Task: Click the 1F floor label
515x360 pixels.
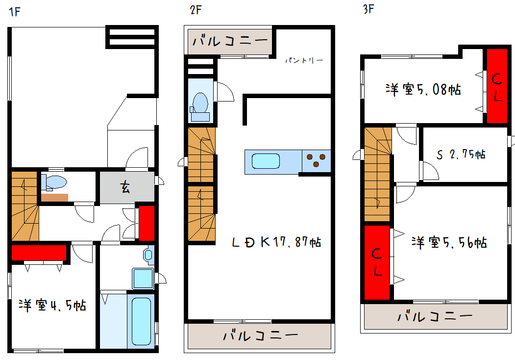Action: click(x=15, y=12)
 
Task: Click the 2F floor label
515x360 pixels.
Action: click(x=196, y=10)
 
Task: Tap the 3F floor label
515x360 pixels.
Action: click(x=368, y=9)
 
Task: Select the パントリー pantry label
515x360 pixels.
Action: click(x=304, y=60)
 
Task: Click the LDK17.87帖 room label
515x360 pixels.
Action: click(x=276, y=242)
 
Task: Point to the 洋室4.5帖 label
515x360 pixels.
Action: click(x=52, y=306)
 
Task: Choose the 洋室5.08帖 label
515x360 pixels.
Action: click(x=423, y=89)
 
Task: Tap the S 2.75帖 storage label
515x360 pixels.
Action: click(x=461, y=154)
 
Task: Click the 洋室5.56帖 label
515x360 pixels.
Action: click(x=449, y=243)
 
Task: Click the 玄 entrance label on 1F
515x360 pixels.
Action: click(x=125, y=187)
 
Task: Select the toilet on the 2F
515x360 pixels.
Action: click(x=200, y=107)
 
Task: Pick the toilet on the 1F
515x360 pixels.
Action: click(x=54, y=182)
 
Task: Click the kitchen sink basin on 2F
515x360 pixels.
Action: click(x=266, y=161)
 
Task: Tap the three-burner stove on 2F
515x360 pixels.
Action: click(x=316, y=161)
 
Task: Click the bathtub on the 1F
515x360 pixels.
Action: click(x=141, y=321)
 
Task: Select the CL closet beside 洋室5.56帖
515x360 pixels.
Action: click(x=377, y=262)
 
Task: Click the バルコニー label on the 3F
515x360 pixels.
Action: click(x=435, y=317)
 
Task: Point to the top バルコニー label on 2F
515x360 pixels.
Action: click(x=230, y=41)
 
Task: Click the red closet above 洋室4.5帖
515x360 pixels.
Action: click(x=39, y=253)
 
